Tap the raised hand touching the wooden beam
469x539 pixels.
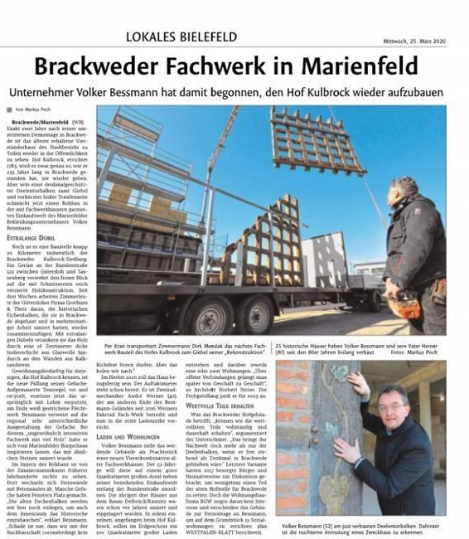tap(360, 386)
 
